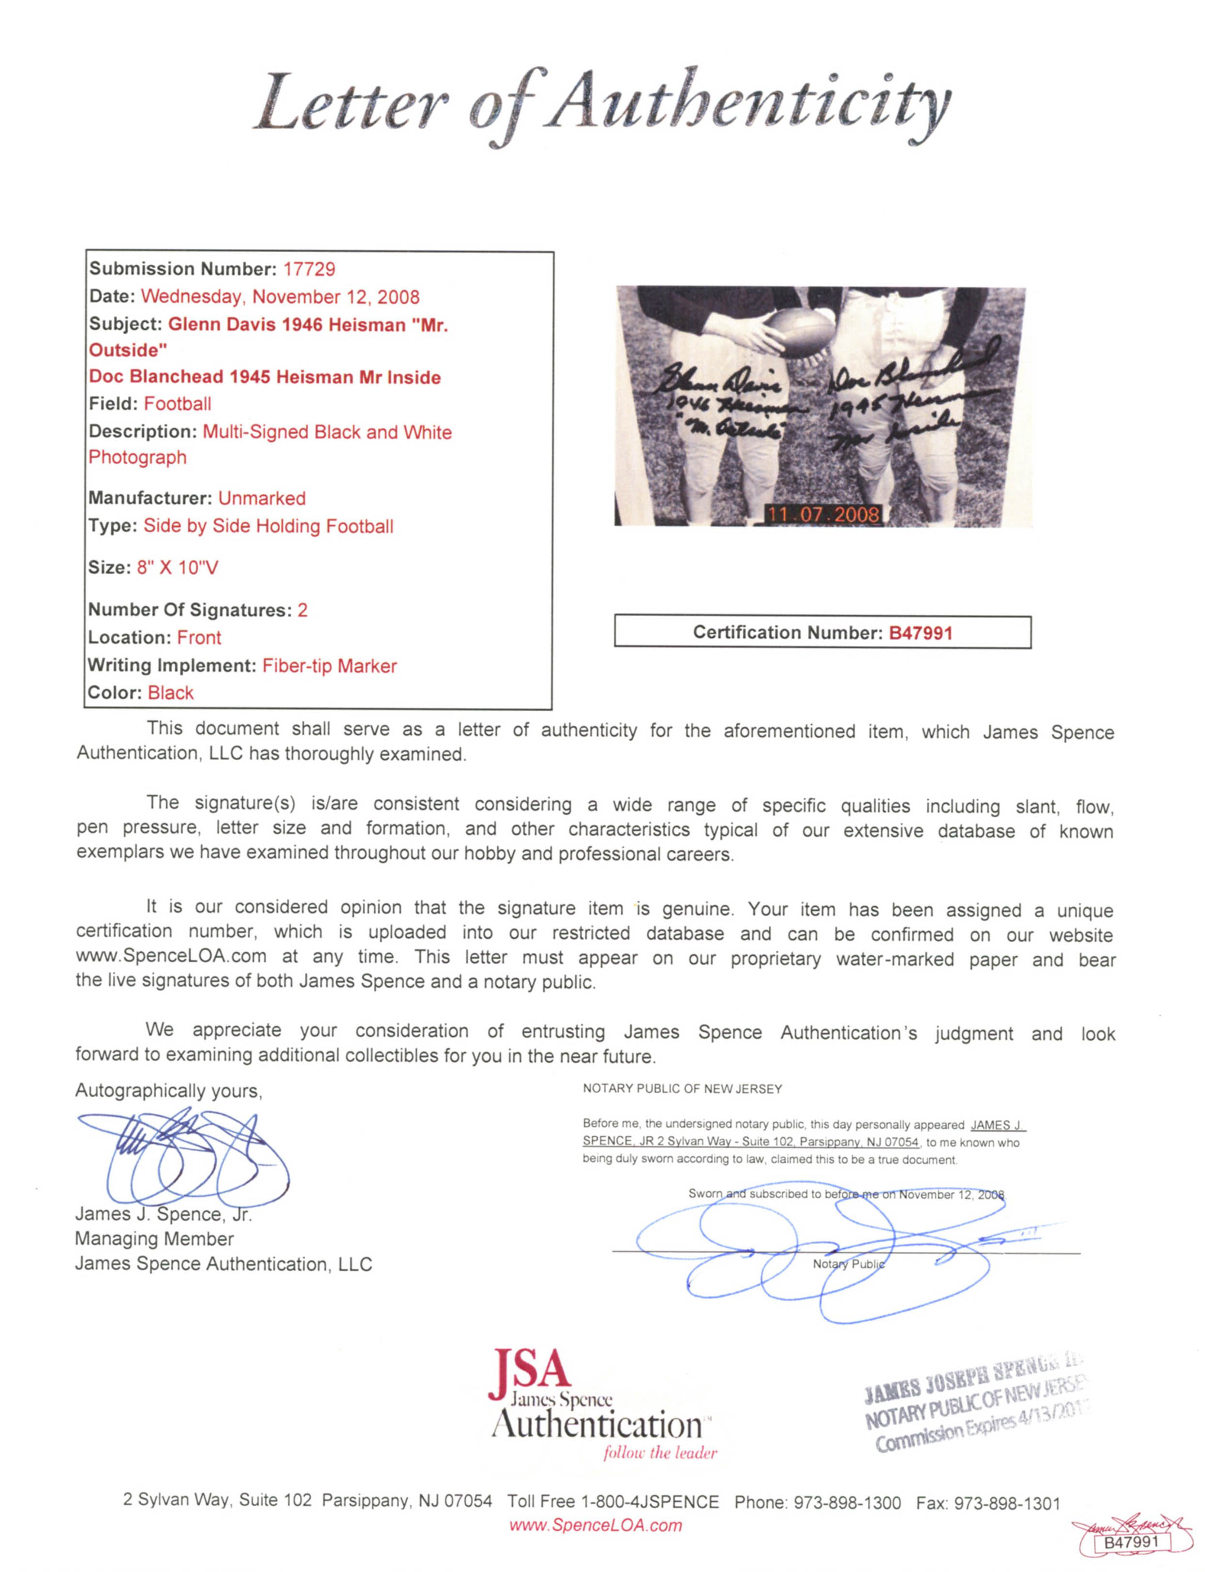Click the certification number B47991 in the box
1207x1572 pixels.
pos(920,633)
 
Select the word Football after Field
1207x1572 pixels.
pos(178,404)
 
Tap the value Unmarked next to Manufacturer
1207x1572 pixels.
pos(262,498)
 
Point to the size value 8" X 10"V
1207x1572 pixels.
pos(178,568)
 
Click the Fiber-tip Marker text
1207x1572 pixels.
pos(329,666)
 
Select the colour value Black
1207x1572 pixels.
pos(170,693)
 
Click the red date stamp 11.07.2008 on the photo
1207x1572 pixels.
pos(822,514)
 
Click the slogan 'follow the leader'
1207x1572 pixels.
pos(659,1453)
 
